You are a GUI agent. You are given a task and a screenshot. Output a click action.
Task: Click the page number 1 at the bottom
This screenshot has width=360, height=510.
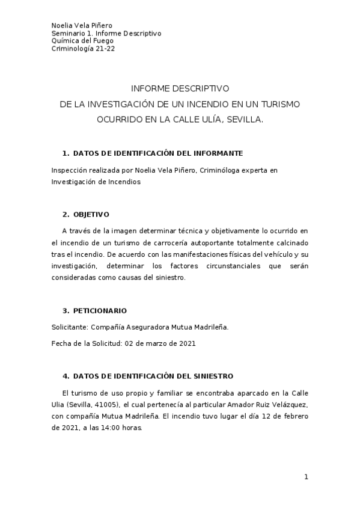(x=306, y=477)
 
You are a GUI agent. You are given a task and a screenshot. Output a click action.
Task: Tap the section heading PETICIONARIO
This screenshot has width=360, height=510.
(x=99, y=311)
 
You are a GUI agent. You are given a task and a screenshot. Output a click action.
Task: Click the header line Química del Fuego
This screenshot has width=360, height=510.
(x=79, y=41)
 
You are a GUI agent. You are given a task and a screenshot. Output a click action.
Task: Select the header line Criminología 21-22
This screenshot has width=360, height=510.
(x=84, y=49)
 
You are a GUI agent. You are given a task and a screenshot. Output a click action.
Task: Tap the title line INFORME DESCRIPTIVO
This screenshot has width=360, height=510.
(x=180, y=88)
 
